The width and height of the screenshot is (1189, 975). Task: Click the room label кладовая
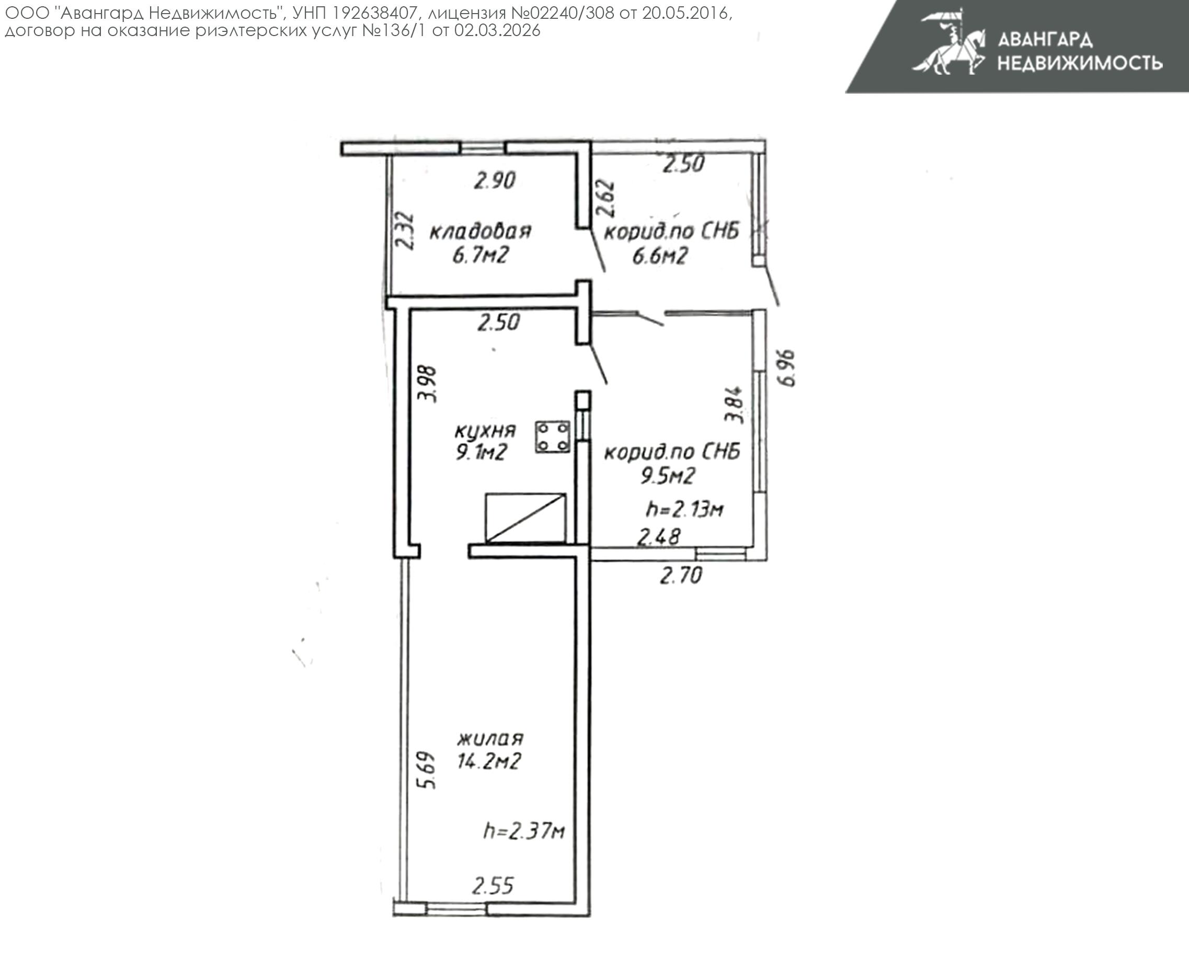(480, 231)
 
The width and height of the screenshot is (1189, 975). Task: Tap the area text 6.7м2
(480, 256)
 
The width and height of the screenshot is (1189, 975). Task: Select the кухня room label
(485, 430)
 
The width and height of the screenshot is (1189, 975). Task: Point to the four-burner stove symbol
(552, 437)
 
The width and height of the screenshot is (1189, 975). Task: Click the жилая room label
(490, 738)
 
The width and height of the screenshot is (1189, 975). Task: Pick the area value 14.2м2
(489, 761)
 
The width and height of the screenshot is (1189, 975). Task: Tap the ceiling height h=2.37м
(524, 831)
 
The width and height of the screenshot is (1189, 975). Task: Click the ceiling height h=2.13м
(684, 509)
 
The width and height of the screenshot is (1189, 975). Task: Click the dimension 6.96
(787, 368)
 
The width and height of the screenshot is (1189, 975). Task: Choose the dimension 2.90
(494, 180)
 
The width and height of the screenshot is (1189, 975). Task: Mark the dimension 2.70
(681, 576)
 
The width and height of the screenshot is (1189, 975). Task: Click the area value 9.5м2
(668, 476)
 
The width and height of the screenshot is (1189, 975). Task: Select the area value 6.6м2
(660, 256)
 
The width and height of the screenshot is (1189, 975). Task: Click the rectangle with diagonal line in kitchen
(525, 518)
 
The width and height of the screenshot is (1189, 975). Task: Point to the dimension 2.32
(405, 230)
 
